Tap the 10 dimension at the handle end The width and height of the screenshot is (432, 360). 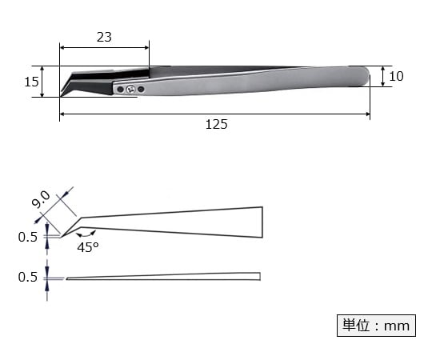[396, 77]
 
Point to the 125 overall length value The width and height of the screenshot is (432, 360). [216, 124]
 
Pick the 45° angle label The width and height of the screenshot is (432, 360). [88, 248]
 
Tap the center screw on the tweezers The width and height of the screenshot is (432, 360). [130, 90]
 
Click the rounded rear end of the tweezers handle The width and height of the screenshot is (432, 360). [364, 76]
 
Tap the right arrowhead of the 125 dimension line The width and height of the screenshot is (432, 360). [366, 115]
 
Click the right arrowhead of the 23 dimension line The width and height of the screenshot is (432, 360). [146, 48]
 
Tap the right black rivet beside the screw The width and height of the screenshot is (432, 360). [141, 89]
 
